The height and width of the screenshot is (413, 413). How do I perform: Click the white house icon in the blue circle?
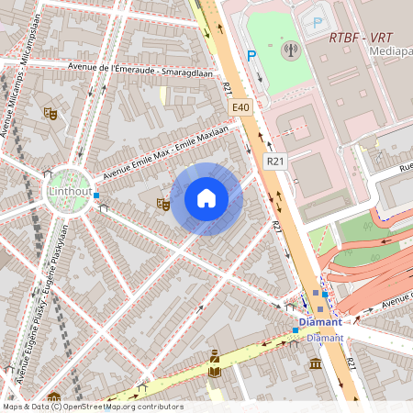[x=206, y=198]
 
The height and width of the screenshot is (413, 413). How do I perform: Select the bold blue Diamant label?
[x=320, y=322]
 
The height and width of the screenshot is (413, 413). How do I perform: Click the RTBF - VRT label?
[x=362, y=38]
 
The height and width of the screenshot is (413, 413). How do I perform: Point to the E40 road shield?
[x=240, y=107]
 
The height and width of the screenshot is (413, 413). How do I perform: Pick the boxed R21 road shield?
[x=274, y=161]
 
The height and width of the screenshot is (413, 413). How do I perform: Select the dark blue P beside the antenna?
[x=251, y=56]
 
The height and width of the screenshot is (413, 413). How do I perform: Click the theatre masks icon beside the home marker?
[x=163, y=204]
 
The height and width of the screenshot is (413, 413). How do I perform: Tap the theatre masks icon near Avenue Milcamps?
[x=50, y=113]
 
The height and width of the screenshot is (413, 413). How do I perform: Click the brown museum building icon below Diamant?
[x=316, y=364]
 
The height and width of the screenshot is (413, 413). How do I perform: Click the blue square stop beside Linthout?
[x=96, y=195]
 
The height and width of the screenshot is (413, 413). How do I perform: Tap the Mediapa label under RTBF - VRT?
[x=390, y=52]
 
